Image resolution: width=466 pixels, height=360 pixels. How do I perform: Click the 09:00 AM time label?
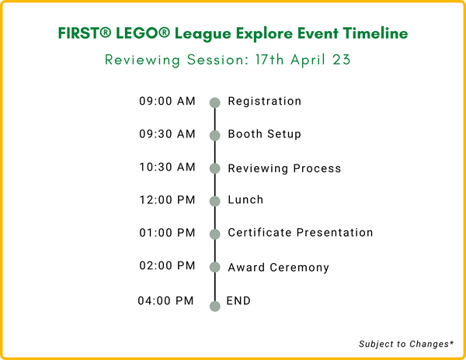click(168, 102)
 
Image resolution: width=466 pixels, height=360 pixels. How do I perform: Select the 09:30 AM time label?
click(168, 134)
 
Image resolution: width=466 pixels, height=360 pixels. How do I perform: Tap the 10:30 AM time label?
click(168, 168)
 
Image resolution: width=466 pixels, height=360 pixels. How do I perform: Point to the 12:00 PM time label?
click(168, 200)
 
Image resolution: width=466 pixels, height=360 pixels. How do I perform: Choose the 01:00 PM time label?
click(168, 233)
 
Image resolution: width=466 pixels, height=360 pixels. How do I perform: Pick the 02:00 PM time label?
click(168, 266)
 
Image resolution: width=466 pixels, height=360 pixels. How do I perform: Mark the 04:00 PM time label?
click(168, 300)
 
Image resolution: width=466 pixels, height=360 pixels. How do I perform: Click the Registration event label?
click(264, 102)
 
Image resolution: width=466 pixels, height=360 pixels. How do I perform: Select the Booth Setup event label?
click(264, 134)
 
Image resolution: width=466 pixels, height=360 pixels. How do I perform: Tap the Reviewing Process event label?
click(284, 168)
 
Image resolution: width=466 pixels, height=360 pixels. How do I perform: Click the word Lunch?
click(245, 200)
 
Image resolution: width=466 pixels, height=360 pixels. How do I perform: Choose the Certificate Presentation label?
click(300, 233)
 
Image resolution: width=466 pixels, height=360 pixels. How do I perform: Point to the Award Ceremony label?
click(278, 268)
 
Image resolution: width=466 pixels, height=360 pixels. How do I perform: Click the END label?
click(238, 300)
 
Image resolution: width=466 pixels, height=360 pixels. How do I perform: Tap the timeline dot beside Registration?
click(214, 102)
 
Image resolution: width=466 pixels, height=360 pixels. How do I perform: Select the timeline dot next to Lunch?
click(214, 201)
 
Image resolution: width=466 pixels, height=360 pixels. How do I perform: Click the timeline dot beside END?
click(214, 306)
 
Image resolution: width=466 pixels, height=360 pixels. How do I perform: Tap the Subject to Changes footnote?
click(405, 343)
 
